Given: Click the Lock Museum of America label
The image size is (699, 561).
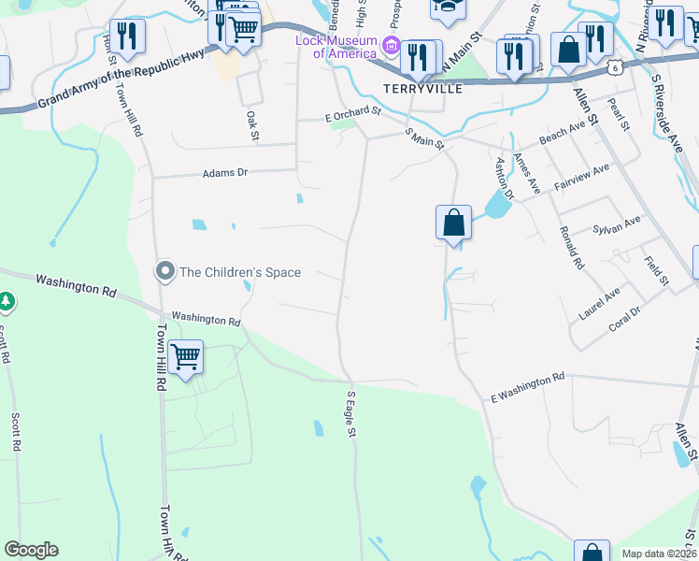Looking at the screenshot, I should click(335, 47).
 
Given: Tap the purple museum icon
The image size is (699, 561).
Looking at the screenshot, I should click(392, 47).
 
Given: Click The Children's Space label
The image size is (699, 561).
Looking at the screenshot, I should click(240, 272).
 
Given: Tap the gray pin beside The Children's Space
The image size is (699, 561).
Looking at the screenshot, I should click(165, 272).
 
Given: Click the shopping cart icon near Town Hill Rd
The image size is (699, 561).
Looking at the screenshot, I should click(186, 357).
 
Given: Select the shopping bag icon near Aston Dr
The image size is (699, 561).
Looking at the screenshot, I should click(453, 223).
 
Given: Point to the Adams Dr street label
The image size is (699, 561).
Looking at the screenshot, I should click(225, 173).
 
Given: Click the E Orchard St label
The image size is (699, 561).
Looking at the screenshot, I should click(353, 113).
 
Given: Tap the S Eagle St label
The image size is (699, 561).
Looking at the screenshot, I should click(351, 414).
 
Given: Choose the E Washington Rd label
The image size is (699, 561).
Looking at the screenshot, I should click(528, 385).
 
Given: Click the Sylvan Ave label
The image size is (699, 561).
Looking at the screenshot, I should click(617, 225).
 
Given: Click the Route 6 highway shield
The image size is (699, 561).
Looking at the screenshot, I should click(613, 67).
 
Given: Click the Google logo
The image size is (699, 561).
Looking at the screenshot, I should click(31, 550).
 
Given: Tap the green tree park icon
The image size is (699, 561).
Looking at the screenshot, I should click(7, 301).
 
